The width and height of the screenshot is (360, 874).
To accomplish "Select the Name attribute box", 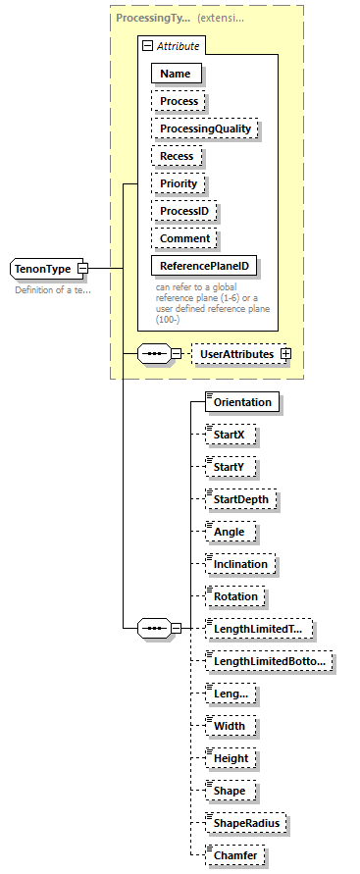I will pyautogui.click(x=176, y=73).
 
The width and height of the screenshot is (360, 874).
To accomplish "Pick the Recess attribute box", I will pyautogui.click(x=178, y=156).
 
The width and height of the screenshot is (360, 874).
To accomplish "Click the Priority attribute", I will pyautogui.click(x=179, y=183).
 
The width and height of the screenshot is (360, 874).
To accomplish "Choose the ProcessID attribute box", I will pyautogui.click(x=183, y=211).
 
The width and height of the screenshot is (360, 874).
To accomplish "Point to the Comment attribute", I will pyautogui.click(x=184, y=238).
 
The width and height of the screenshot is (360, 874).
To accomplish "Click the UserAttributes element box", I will pyautogui.click(x=238, y=353).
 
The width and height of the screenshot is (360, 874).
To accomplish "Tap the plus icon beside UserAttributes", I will pyautogui.click(x=286, y=353).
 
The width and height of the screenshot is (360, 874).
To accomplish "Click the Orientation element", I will pyautogui.click(x=242, y=401).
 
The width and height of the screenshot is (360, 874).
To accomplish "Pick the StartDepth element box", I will pyautogui.click(x=241, y=499).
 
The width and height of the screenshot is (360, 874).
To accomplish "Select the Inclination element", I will pyautogui.click(x=240, y=564).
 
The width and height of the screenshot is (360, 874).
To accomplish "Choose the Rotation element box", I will pyautogui.click(x=235, y=596).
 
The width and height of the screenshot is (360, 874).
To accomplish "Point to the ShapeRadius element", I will pyautogui.click(x=245, y=824).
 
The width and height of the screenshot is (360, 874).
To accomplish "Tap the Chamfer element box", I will pyautogui.click(x=235, y=856).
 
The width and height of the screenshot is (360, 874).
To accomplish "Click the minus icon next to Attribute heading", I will pyautogui.click(x=147, y=45).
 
